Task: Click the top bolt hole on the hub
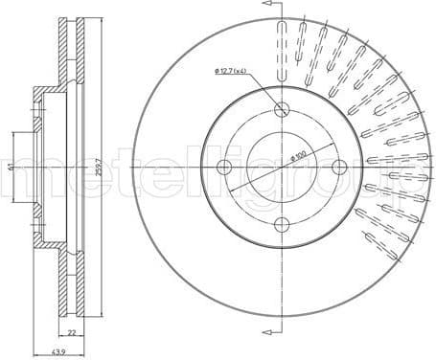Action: click(281, 109)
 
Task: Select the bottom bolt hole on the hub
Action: click(281, 225)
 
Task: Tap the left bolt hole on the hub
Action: click(223, 168)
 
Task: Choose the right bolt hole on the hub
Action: click(338, 168)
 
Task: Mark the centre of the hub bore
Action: click(281, 168)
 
